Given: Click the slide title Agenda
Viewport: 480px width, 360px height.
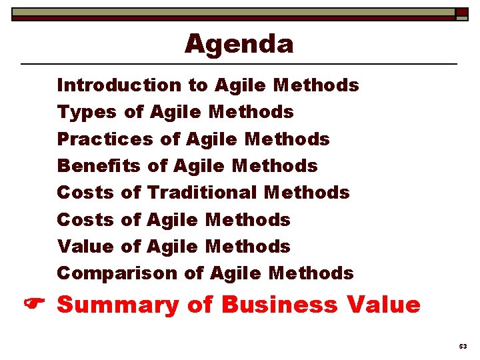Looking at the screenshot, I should tap(239, 44).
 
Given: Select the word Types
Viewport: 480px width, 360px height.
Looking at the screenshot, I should tap(86, 113).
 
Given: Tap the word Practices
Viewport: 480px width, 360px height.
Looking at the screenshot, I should tap(105, 139).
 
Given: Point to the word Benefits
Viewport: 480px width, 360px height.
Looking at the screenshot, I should tap(99, 166).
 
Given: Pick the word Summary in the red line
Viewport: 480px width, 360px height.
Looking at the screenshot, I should tap(119, 305).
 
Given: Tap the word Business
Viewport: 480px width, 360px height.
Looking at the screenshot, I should tap(279, 305).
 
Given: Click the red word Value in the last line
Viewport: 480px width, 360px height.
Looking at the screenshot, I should tap(383, 305).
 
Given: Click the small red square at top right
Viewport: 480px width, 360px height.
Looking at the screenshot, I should tap(462, 12).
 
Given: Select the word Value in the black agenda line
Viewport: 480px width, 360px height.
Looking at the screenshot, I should tap(86, 247).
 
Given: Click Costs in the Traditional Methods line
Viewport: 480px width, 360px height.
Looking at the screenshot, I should tap(86, 193).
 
